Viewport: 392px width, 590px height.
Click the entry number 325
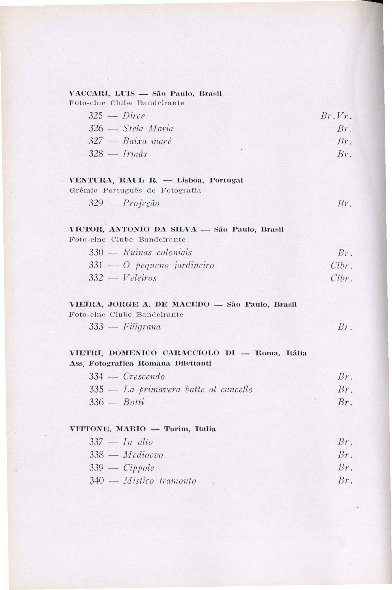[96, 116]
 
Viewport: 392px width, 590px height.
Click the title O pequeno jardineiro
[169, 265]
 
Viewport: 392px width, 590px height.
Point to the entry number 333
[96, 327]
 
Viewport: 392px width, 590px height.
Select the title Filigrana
[142, 327]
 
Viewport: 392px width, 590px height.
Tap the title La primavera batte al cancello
[188, 389]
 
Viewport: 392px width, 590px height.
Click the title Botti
[134, 402]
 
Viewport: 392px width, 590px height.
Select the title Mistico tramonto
[160, 481]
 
